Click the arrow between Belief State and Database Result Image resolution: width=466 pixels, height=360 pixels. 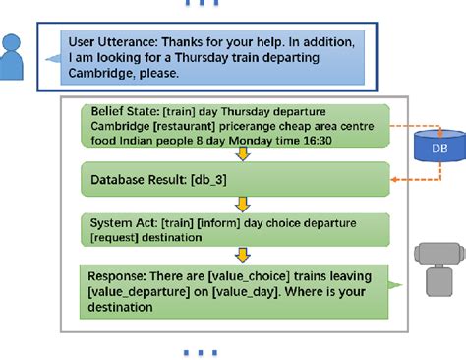(239, 154)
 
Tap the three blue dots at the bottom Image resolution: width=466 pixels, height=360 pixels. (201, 351)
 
